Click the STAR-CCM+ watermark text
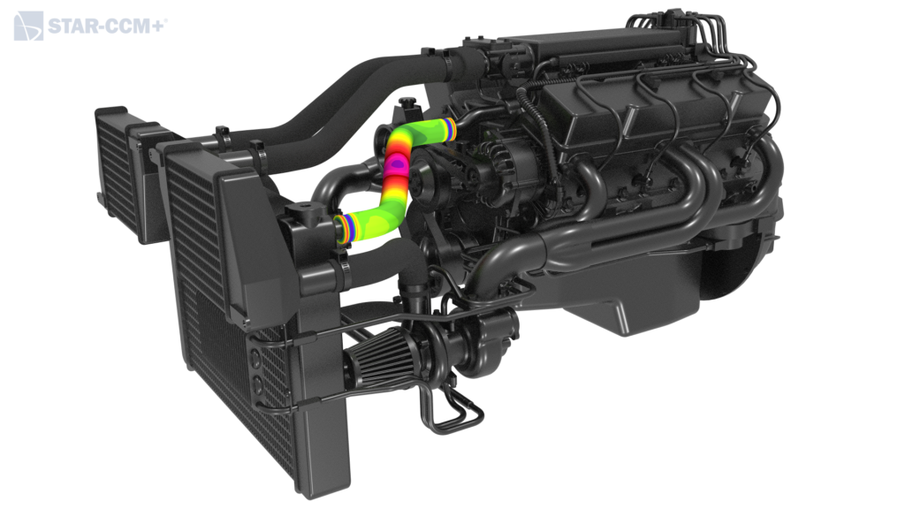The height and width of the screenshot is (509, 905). coord(107,27)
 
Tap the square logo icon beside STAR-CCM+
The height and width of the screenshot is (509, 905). coord(28,26)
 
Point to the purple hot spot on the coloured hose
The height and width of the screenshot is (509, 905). coord(397,165)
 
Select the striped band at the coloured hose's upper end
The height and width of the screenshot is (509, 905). coord(450,129)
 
